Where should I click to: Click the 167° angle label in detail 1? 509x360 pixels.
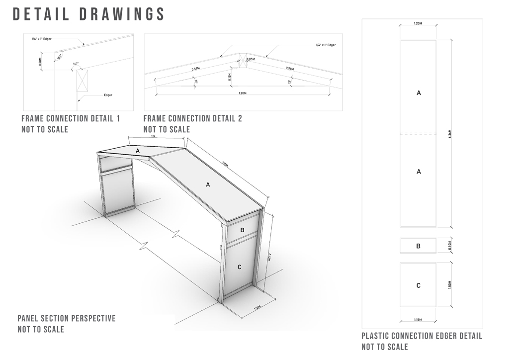pos(76,64)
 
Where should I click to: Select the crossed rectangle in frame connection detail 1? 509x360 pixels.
pos(82,80)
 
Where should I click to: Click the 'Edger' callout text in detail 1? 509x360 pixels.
pos(108,94)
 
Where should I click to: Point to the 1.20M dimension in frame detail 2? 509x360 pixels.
pos(243,92)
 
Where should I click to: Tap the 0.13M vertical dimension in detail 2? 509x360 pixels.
pos(230,77)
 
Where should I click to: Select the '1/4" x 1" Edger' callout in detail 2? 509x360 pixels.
pos(326,45)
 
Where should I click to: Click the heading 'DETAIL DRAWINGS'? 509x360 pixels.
pos(89,14)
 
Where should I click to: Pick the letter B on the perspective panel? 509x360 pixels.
pos(242,230)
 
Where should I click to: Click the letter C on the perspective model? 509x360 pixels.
pos(239,267)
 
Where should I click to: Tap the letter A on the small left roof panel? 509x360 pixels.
pos(137,150)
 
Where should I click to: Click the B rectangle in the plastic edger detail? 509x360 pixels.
pos(419,246)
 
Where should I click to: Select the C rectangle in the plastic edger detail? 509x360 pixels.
pos(419,285)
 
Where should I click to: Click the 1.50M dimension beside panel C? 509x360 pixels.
pos(450,285)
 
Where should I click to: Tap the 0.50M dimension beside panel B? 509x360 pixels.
pos(450,246)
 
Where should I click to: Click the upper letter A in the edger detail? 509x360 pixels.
pos(419,93)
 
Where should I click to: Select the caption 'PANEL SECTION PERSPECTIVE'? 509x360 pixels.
pos(67,318)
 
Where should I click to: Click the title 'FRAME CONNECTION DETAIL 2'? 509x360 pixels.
pos(192,118)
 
